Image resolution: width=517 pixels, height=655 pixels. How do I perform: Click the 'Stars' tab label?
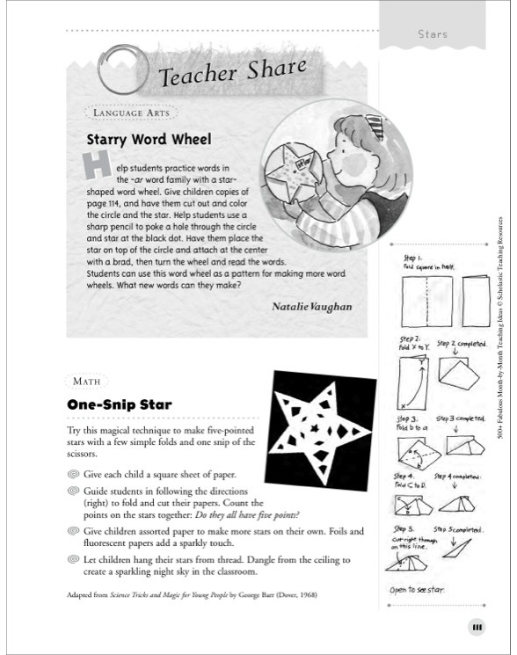433,34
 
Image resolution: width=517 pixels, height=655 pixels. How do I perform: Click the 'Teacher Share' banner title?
232,72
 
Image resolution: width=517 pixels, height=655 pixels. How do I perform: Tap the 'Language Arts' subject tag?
120,113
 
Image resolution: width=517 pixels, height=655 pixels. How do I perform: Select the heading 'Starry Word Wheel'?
149,139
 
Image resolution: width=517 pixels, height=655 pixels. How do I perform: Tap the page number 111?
477,627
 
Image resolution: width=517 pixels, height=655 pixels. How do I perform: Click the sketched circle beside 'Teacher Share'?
120,73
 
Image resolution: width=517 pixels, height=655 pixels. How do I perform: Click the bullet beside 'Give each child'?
73,475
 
